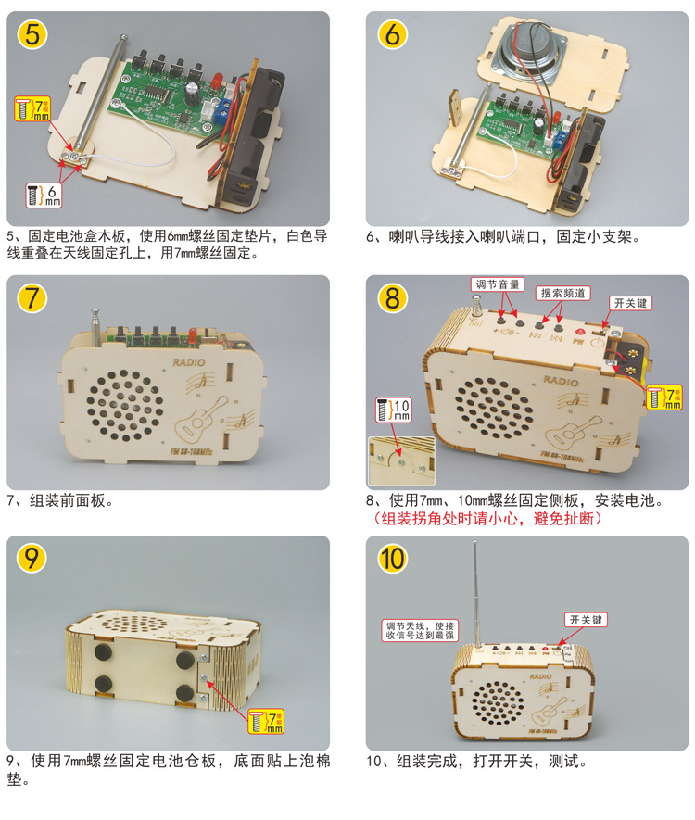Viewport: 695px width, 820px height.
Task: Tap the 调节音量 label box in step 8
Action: [x=498, y=284]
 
